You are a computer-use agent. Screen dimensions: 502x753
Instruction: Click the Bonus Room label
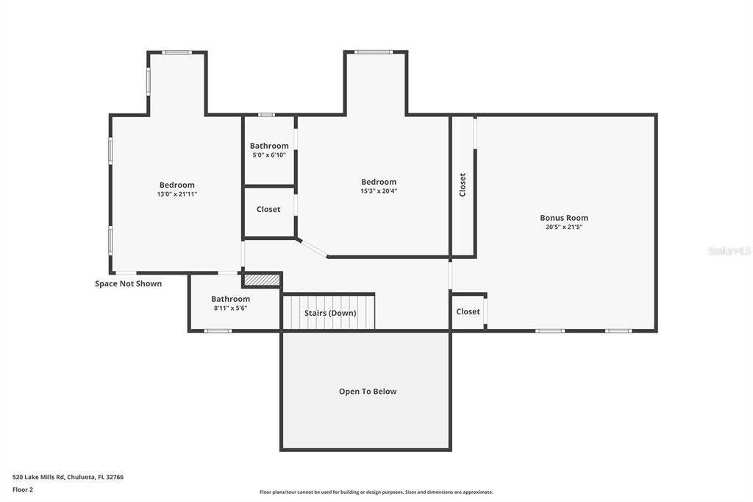pyautogui.click(x=564, y=218)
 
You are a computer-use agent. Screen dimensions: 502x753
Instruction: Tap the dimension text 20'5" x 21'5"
pyautogui.click(x=564, y=227)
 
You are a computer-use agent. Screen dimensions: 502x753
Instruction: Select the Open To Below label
pyautogui.click(x=368, y=392)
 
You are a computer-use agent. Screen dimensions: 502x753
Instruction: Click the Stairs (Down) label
pyautogui.click(x=330, y=313)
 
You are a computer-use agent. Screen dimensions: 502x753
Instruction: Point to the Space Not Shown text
pyautogui.click(x=128, y=283)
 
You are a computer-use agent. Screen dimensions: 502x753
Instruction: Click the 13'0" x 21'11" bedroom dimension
pyautogui.click(x=176, y=194)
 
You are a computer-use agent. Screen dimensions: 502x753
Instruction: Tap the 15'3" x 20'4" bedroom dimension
pyautogui.click(x=379, y=191)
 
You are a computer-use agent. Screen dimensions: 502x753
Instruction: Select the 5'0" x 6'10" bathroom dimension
pyautogui.click(x=268, y=155)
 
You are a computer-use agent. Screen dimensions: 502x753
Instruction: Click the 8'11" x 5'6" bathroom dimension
pyautogui.click(x=230, y=308)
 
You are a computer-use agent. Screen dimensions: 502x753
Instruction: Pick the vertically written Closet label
pyautogui.click(x=463, y=185)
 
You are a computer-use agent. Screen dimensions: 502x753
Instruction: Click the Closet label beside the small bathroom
pyautogui.click(x=268, y=210)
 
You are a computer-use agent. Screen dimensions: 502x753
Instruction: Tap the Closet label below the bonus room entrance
pyautogui.click(x=468, y=312)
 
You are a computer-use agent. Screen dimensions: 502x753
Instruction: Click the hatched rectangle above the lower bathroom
pyautogui.click(x=262, y=280)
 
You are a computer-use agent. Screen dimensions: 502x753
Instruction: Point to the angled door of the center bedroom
pyautogui.click(x=313, y=248)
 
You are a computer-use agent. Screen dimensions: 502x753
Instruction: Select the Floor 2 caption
pyautogui.click(x=23, y=489)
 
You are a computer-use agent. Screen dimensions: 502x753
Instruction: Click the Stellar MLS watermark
pyautogui.click(x=729, y=251)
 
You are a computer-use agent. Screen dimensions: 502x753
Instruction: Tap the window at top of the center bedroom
pyautogui.click(x=374, y=52)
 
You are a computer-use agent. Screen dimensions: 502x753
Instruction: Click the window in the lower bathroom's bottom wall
pyautogui.click(x=218, y=330)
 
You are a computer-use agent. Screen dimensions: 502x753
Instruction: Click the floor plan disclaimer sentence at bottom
pyautogui.click(x=376, y=492)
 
